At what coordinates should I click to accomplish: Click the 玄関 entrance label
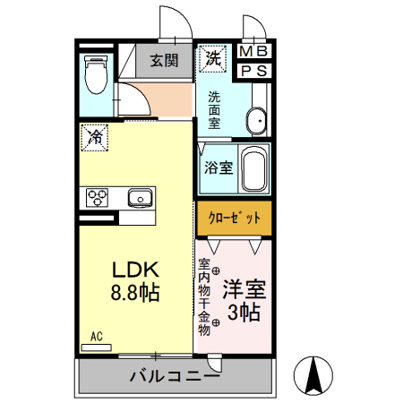click(x=164, y=61)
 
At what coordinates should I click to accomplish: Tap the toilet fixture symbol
click(x=94, y=74)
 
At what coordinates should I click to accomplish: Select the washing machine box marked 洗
click(x=213, y=58)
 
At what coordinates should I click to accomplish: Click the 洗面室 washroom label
click(x=215, y=110)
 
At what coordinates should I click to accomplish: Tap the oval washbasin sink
click(x=256, y=119)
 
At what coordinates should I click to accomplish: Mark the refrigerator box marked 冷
click(x=94, y=137)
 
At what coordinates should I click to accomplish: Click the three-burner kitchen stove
click(x=98, y=197)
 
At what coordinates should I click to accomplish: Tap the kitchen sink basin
click(x=140, y=197)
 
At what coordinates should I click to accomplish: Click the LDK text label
click(x=135, y=269)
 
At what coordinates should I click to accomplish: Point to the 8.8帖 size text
click(x=135, y=293)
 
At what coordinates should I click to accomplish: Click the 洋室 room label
click(x=244, y=289)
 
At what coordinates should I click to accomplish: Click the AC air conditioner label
click(x=97, y=337)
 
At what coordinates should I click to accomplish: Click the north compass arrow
click(x=314, y=374)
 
